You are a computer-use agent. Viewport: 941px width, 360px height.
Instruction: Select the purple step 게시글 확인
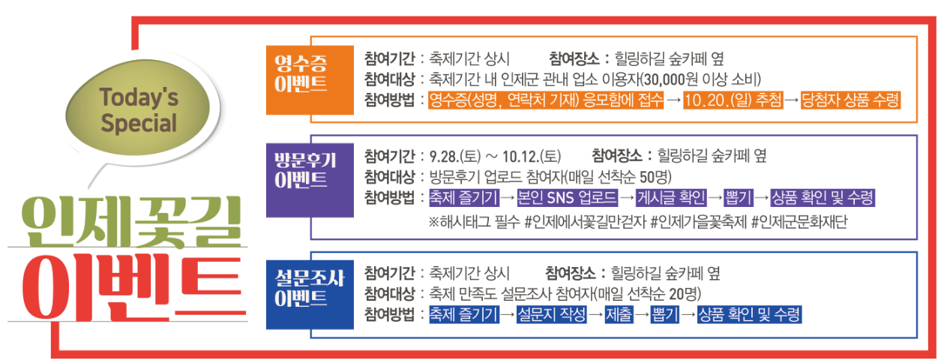coord(672,199)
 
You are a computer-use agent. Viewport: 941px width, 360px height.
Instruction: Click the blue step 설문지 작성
coord(552,314)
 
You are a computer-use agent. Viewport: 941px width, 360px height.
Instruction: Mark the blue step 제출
coord(619,314)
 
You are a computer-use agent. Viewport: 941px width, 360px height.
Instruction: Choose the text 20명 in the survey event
coord(681,293)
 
